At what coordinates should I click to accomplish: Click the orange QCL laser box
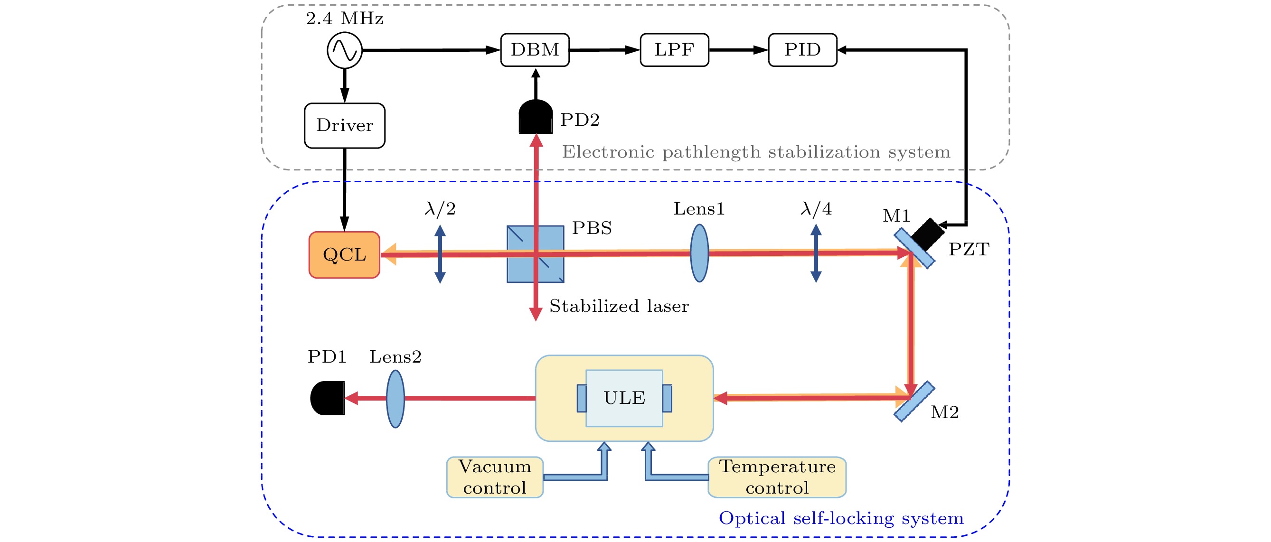pyautogui.click(x=344, y=254)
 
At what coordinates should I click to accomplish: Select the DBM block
pyautogui.click(x=535, y=50)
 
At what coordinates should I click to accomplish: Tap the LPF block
pyautogui.click(x=674, y=50)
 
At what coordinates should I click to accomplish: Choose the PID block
pyautogui.click(x=802, y=50)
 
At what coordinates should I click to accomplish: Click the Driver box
pyautogui.click(x=344, y=125)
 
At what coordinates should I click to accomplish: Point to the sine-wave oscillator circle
pyautogui.click(x=344, y=50)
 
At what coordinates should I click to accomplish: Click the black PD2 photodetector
pyautogui.click(x=536, y=117)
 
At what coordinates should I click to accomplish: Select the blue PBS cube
pyautogui.click(x=536, y=254)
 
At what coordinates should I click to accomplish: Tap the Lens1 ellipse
pyautogui.click(x=699, y=253)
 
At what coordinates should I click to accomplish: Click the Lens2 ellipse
pyautogui.click(x=395, y=399)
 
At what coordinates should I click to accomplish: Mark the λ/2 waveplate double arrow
pyautogui.click(x=440, y=254)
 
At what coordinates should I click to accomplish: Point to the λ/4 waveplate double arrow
pyautogui.click(x=816, y=253)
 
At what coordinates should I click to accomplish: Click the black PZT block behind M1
pyautogui.click(x=928, y=234)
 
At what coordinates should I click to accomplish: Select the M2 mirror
pyautogui.click(x=914, y=402)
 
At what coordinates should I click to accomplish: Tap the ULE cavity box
pyautogui.click(x=624, y=398)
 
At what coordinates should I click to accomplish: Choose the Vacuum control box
pyautogui.click(x=494, y=477)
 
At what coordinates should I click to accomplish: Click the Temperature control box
pyautogui.click(x=777, y=477)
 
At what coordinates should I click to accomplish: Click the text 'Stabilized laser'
pyautogui.click(x=619, y=306)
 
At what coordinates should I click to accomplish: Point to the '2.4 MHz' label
pyautogui.click(x=344, y=19)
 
